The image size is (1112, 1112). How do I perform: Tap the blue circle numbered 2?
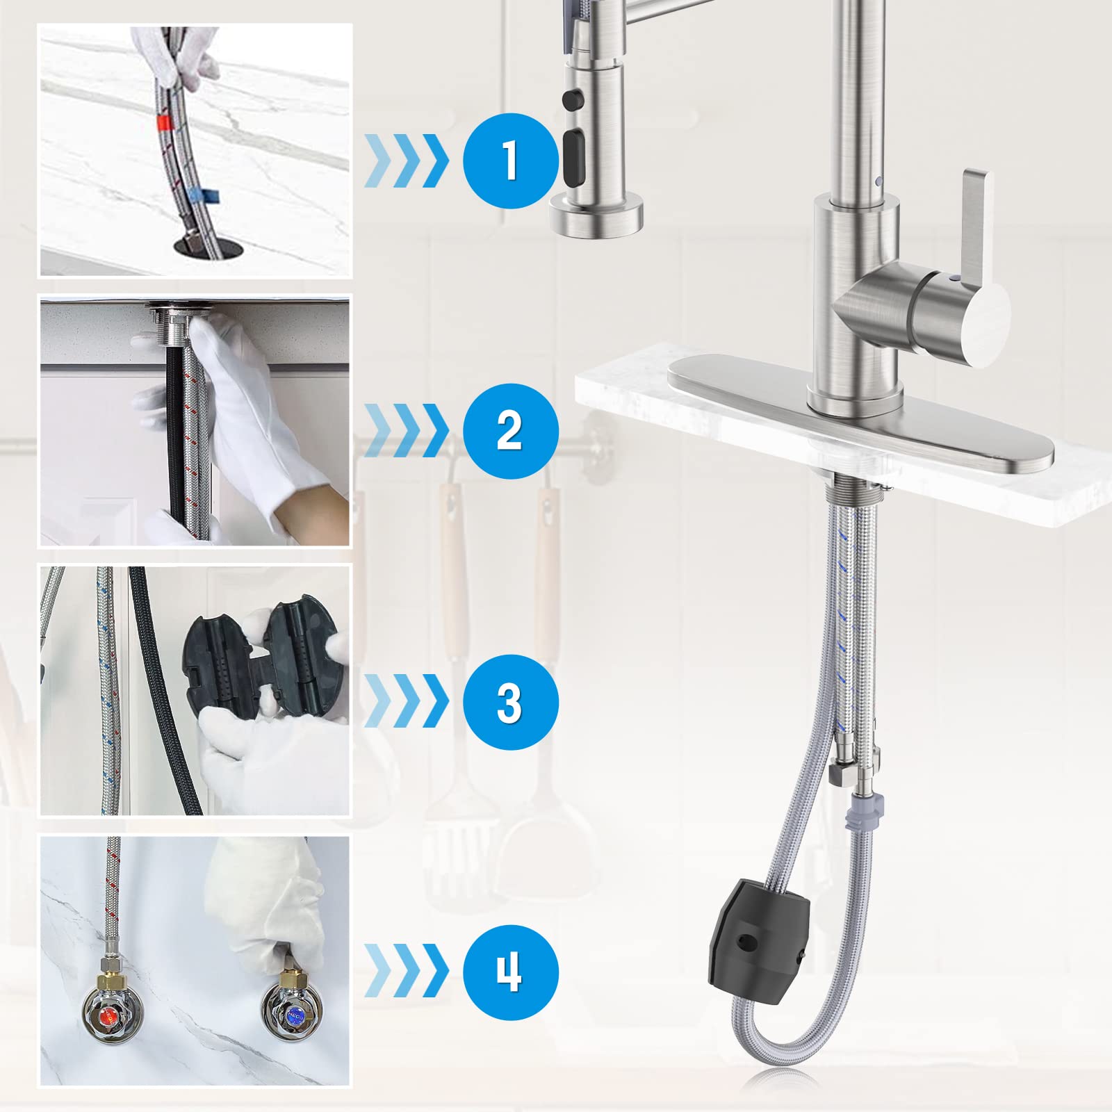coord(511,431)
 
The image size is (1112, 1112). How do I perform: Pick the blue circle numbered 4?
coord(511,972)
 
